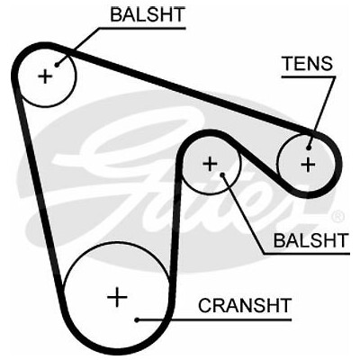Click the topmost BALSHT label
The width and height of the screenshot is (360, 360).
point(148,14)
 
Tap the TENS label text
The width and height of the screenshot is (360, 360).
point(308,63)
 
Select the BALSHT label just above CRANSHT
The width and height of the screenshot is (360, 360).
point(311,240)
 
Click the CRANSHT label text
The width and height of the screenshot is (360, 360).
point(245,305)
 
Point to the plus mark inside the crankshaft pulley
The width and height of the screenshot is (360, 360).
point(117,297)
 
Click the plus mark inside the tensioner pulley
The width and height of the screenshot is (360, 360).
point(308,164)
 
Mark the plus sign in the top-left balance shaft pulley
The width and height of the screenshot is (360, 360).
point(46,76)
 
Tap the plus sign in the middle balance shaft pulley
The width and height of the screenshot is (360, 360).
point(210,164)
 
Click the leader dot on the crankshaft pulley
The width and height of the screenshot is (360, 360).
point(137,320)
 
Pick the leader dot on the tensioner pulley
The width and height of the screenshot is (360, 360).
point(309,148)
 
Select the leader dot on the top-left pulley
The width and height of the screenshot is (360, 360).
point(57,65)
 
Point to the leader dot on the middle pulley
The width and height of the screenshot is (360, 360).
point(222,175)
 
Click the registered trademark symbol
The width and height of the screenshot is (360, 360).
point(339,216)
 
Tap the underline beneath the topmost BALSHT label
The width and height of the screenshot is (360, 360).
point(142,29)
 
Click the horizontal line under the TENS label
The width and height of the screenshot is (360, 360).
point(309,76)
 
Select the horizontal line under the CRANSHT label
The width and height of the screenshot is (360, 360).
point(214,320)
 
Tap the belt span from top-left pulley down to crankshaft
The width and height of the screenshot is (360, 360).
point(38,186)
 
